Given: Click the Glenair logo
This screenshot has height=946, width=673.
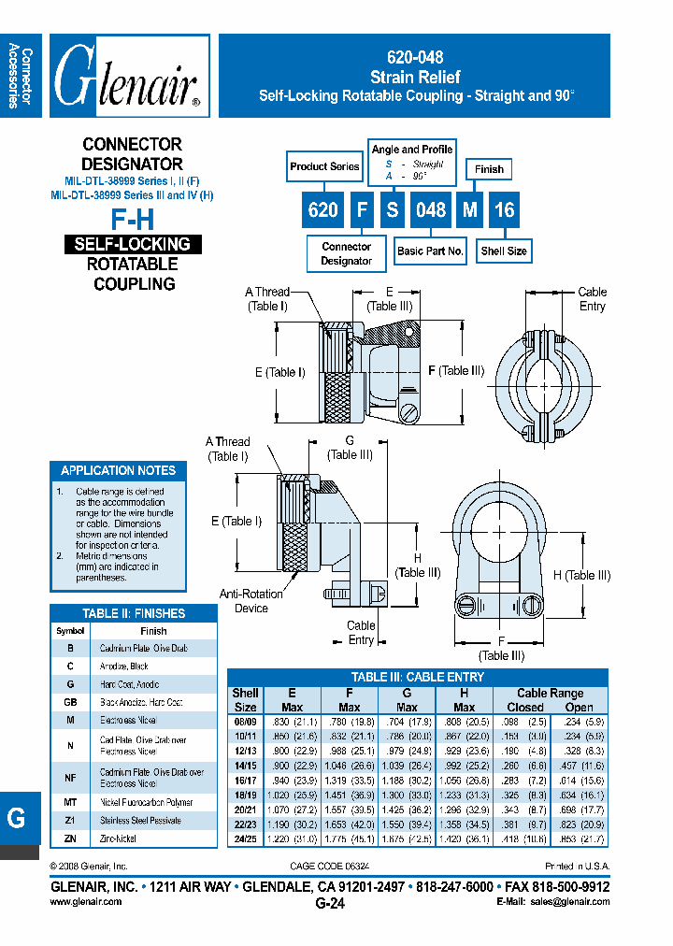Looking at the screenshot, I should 129,77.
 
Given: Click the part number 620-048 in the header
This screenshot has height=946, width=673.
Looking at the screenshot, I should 414,57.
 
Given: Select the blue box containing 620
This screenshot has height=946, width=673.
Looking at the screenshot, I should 323,209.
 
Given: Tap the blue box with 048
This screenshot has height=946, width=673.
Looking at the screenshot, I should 430,209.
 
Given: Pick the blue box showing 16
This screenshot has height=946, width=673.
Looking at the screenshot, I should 504,209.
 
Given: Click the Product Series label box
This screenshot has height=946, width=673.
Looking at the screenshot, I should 324,167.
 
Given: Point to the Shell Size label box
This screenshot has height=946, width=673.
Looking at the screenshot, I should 504,251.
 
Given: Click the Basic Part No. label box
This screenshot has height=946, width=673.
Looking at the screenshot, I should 430,251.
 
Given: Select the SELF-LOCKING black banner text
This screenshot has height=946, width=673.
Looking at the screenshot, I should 133,244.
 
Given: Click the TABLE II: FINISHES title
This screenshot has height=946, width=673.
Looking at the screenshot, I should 134,613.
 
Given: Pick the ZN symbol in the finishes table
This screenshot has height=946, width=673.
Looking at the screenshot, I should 69,838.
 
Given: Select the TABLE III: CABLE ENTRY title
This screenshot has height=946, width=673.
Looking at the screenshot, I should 417,677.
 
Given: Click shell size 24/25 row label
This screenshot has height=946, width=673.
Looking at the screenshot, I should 244,838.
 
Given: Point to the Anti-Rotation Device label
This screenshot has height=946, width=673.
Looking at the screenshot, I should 244,601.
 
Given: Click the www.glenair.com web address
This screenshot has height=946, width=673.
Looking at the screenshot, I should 85,902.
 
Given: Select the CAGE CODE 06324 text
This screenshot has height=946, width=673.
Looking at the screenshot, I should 330,866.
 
